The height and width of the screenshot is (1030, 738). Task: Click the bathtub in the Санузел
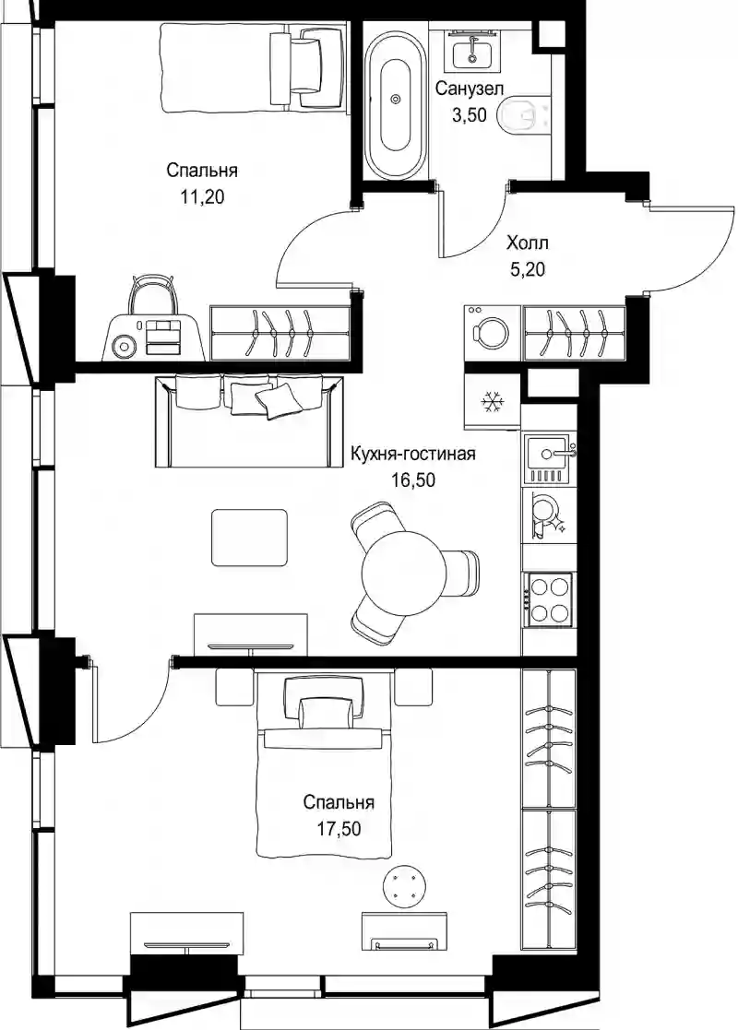pyautogui.click(x=396, y=100)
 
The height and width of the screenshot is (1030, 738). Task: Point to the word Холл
pyautogui.click(x=528, y=243)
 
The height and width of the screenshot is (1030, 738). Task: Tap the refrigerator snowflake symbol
pyautogui.click(x=490, y=401)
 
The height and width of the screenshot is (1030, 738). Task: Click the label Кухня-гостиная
pyautogui.click(x=412, y=454)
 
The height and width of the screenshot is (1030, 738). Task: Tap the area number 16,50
pyautogui.click(x=413, y=480)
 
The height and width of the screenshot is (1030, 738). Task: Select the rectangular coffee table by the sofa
pyautogui.click(x=250, y=538)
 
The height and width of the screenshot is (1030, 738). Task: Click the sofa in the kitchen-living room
pyautogui.click(x=249, y=421)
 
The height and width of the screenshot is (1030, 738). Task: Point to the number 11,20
pyautogui.click(x=202, y=196)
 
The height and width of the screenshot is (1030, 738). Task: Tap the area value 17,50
pyautogui.click(x=339, y=830)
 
